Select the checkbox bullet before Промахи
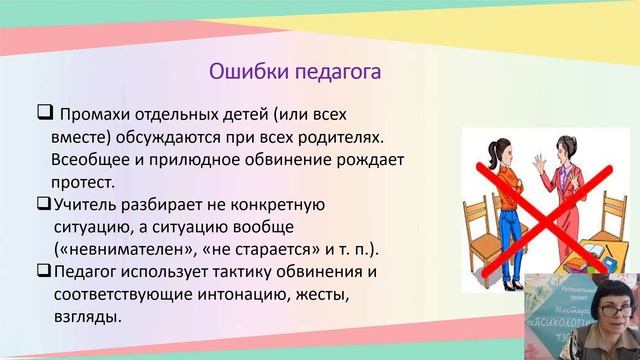pyautogui.click(x=43, y=110)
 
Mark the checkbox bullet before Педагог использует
pyautogui.click(x=43, y=271)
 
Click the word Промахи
pyautogui.click(x=98, y=111)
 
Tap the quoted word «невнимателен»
pyautogui.click(x=127, y=249)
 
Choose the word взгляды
pyautogui.click(x=88, y=318)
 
